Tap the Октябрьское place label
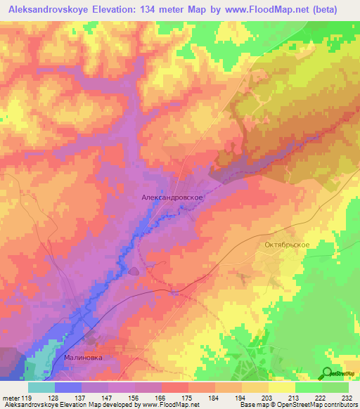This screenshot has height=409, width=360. [x=286, y=245]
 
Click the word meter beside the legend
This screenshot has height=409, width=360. [x=12, y=398]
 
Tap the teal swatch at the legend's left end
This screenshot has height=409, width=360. [x=41, y=387]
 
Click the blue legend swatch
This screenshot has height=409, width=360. [x=68, y=387]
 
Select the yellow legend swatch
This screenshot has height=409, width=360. [x=281, y=387]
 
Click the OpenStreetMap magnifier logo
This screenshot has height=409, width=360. [x=328, y=373]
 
